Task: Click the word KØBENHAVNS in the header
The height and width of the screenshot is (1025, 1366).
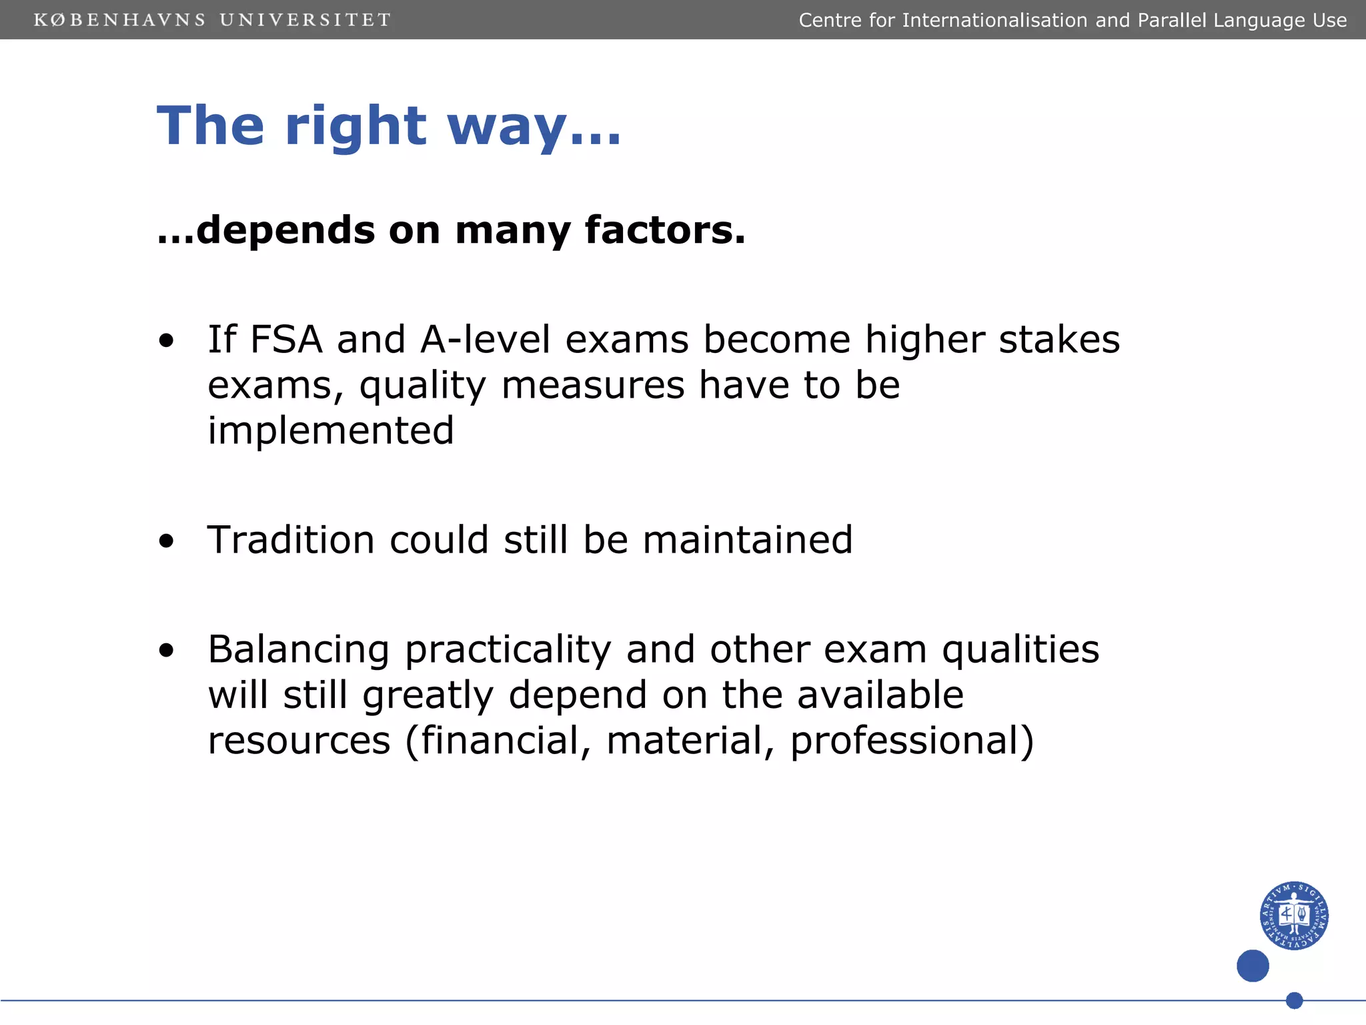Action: coord(120,20)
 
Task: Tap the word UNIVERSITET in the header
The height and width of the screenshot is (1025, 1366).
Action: coord(305,20)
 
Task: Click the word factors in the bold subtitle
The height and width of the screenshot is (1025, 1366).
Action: coord(664,230)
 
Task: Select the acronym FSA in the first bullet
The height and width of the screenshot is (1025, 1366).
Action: coord(286,340)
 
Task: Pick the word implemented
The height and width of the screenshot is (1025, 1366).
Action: coord(331,430)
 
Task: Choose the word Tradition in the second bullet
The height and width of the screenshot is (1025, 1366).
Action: coord(291,540)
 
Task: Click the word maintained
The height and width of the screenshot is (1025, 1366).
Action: coord(748,540)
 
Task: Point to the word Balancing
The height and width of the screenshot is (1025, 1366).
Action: coord(299,650)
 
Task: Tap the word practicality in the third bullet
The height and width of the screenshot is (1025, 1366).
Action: coord(508,650)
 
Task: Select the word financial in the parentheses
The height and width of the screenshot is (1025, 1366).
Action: coord(501,741)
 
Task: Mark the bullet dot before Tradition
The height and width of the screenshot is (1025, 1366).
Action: coord(166,541)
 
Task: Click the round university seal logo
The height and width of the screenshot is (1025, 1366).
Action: coord(1293,916)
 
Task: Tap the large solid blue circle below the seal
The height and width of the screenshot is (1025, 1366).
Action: coord(1253,966)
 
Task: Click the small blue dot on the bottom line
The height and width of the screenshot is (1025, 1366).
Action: coord(1294,1000)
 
